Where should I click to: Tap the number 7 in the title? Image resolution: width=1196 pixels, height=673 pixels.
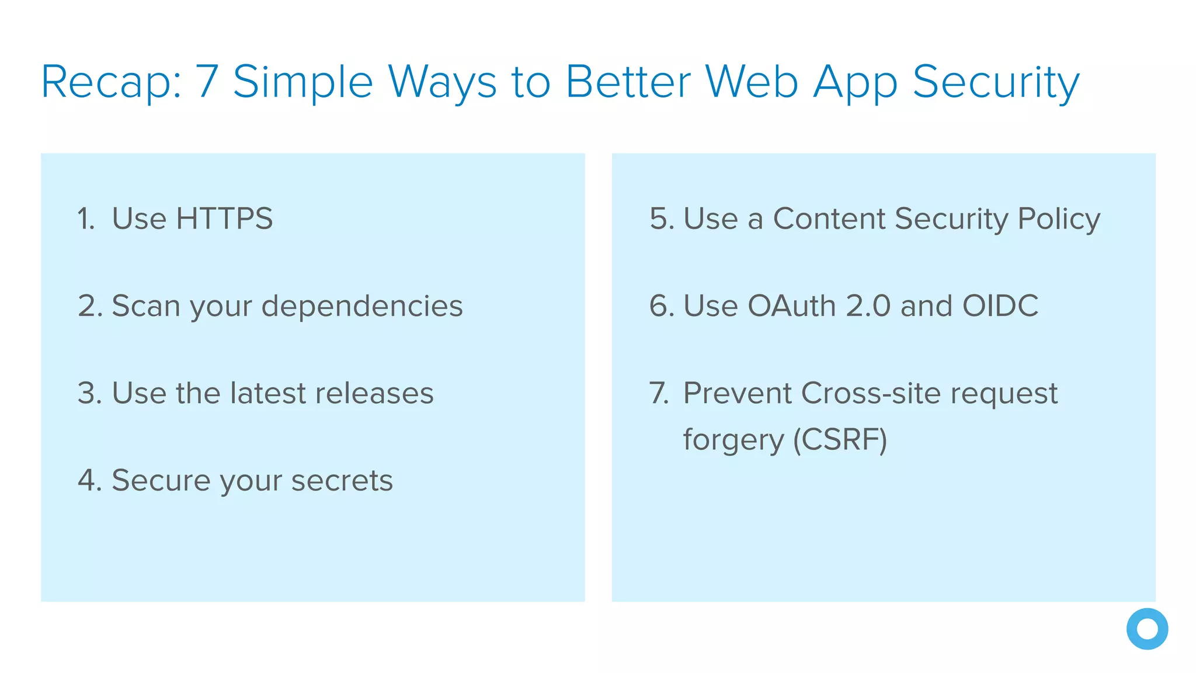pyautogui.click(x=207, y=82)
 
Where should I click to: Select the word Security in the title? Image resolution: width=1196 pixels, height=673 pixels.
pyautogui.click(x=996, y=83)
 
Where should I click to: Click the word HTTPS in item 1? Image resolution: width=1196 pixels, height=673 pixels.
pyautogui.click(x=224, y=219)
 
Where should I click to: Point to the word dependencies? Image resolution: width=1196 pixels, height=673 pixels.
pyautogui.click(x=361, y=306)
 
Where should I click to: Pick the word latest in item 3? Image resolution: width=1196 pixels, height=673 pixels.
pyautogui.click(x=269, y=393)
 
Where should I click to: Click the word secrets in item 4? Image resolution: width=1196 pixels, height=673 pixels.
pyautogui.click(x=342, y=481)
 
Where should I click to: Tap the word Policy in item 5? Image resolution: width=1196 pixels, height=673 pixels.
pyautogui.click(x=1058, y=220)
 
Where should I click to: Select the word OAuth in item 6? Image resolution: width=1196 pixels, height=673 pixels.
pyautogui.click(x=791, y=306)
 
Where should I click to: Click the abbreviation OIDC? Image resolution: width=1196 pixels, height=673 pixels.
pyautogui.click(x=1000, y=306)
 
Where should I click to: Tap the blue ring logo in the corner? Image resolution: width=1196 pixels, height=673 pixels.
pyautogui.click(x=1147, y=629)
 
